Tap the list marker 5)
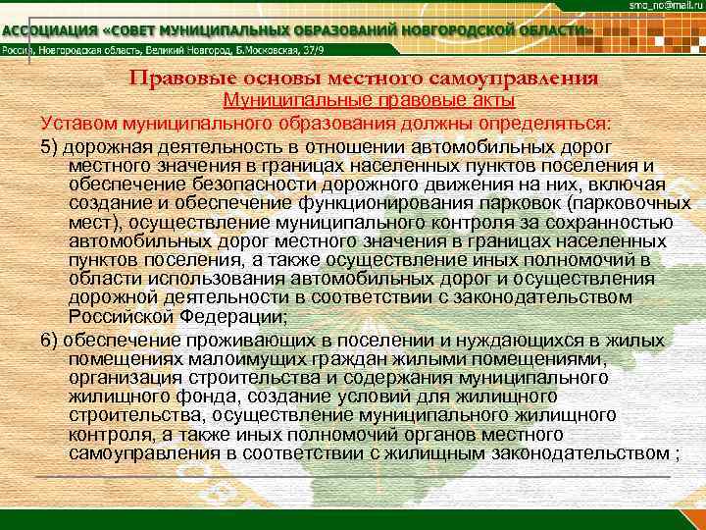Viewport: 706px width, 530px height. click(50, 145)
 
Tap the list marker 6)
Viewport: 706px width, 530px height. click(50, 341)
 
